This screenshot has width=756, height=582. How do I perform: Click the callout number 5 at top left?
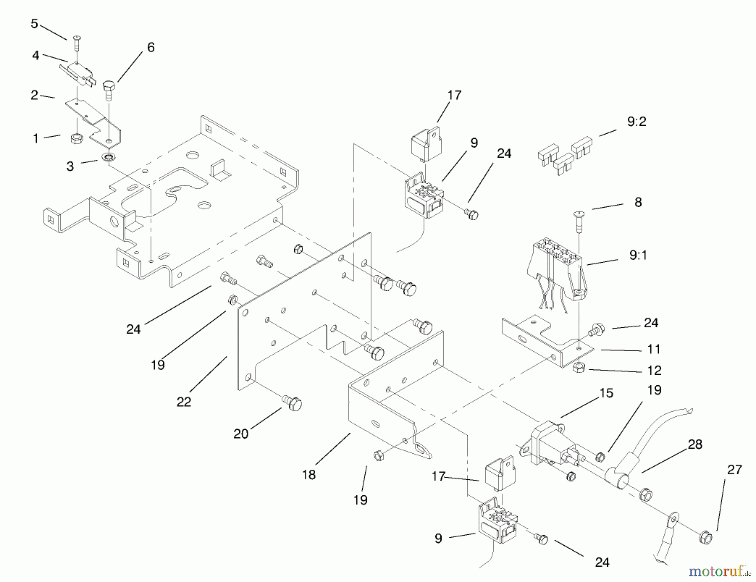click(x=34, y=24)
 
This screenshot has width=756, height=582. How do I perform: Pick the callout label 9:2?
click(x=636, y=122)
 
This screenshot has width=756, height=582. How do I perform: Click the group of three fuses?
click(x=564, y=156)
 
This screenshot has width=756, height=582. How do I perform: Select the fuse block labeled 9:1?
click(x=556, y=269)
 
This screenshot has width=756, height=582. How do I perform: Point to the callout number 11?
click(x=654, y=349)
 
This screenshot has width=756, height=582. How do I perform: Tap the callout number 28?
click(x=695, y=444)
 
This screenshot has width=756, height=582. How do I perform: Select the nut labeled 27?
click(x=706, y=538)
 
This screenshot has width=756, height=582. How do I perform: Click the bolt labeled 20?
click(x=293, y=403)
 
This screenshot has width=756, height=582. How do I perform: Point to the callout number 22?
click(x=184, y=401)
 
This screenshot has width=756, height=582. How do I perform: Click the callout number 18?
click(x=309, y=475)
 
